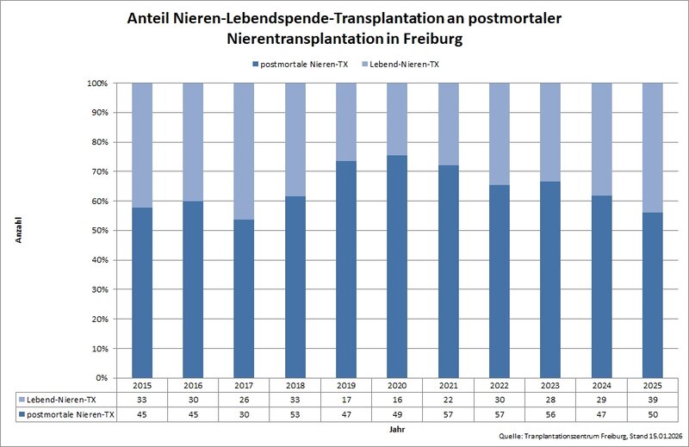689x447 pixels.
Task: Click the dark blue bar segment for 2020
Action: [x=398, y=266]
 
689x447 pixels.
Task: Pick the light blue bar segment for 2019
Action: [x=347, y=121]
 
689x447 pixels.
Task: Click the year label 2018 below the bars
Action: [x=295, y=385]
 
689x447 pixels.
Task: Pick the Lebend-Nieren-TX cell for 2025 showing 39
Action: [x=653, y=400]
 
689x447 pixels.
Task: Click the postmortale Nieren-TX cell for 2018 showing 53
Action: [x=295, y=414]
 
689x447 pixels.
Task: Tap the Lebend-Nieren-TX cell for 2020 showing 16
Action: [x=398, y=400]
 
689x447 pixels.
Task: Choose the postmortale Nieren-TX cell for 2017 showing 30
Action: [x=245, y=414]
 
